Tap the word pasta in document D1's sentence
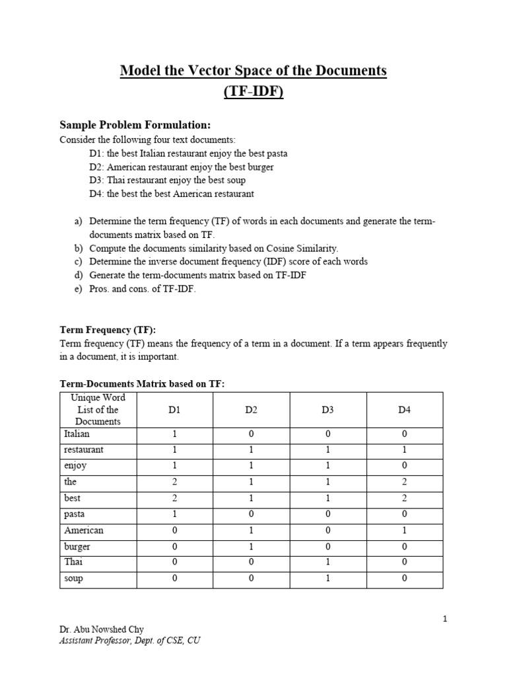pyautogui.click(x=276, y=153)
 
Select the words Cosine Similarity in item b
pyautogui.click(x=300, y=249)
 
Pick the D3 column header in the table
pyautogui.click(x=328, y=410)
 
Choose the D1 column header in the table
pyautogui.click(x=174, y=410)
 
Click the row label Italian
pyautogui.click(x=77, y=434)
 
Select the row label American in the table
pyautogui.click(x=84, y=530)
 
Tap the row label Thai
pyautogui.click(x=73, y=562)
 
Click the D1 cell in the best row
pyautogui.click(x=174, y=498)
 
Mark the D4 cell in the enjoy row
pyautogui.click(x=405, y=466)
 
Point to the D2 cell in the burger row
pyautogui.click(x=251, y=547)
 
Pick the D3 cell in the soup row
pyautogui.click(x=328, y=578)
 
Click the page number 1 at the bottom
pyautogui.click(x=445, y=619)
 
